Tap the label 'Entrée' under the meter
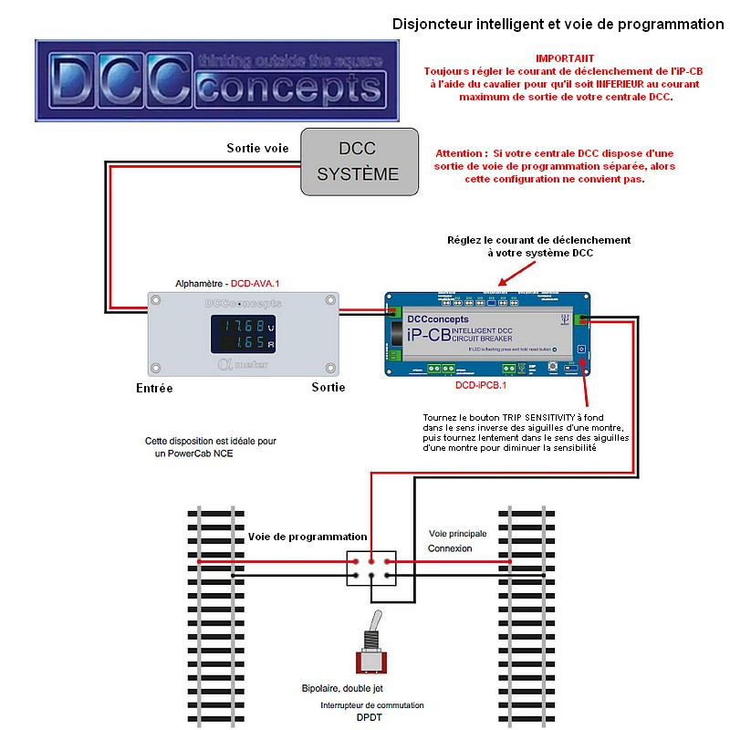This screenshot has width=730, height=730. point(149,388)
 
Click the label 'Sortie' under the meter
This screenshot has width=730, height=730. point(328,387)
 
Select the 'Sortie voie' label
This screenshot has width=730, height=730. point(257,148)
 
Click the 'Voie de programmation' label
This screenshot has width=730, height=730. point(308,537)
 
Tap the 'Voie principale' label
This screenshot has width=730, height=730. point(458,533)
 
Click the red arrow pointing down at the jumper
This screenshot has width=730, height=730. point(515,271)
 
